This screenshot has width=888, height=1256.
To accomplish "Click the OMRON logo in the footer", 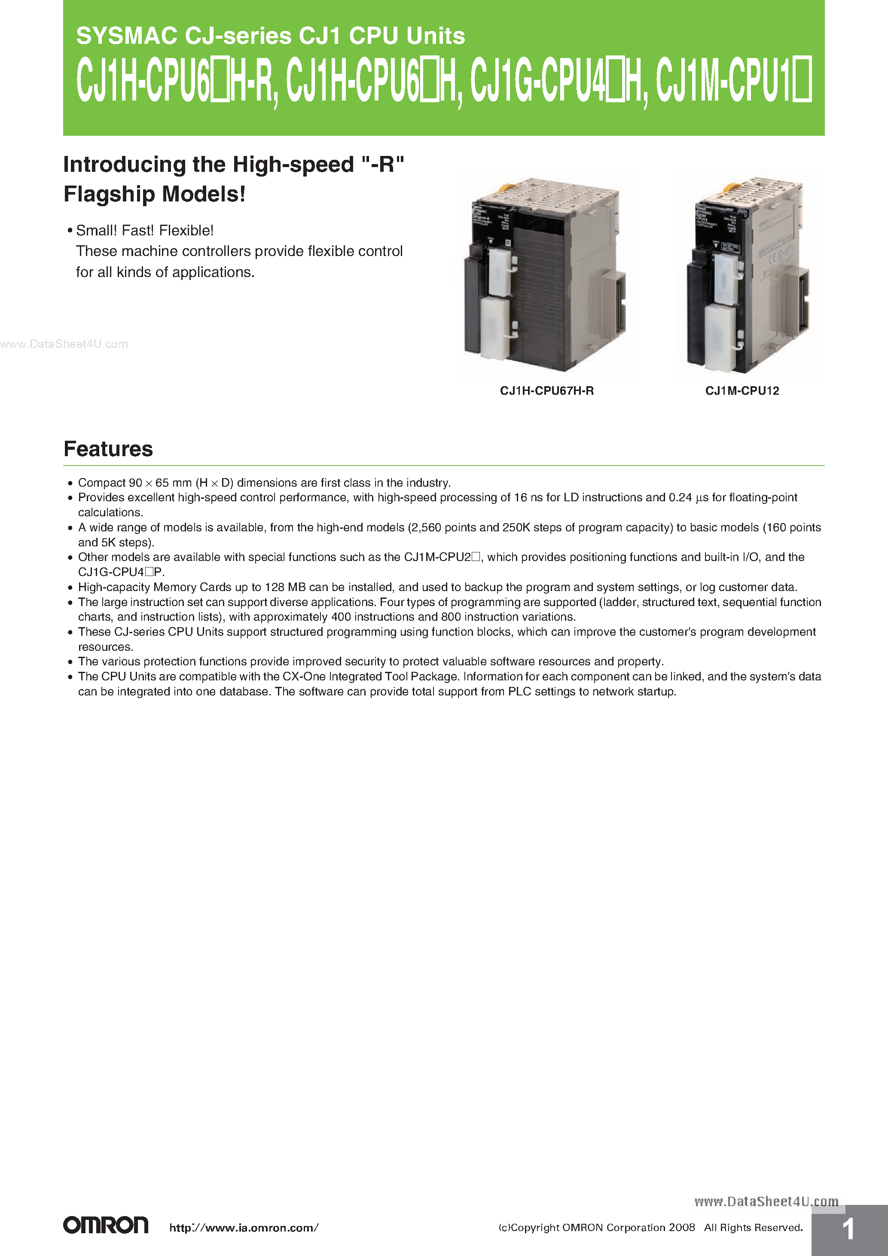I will (x=106, y=1225).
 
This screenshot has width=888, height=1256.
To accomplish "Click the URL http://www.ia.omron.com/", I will (x=244, y=1228).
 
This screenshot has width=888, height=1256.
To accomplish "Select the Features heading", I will (x=108, y=448).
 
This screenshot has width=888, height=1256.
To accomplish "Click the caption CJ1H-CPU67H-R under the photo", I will (x=546, y=390).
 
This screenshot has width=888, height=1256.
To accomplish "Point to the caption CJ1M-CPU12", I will (x=742, y=390).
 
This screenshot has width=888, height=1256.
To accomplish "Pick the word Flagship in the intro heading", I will (x=110, y=194).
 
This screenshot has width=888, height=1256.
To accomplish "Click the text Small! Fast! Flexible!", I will (x=144, y=230).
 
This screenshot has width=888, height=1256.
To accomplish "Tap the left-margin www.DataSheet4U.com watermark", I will (x=64, y=344).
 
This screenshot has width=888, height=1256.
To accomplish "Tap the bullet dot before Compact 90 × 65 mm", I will (x=70, y=483).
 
